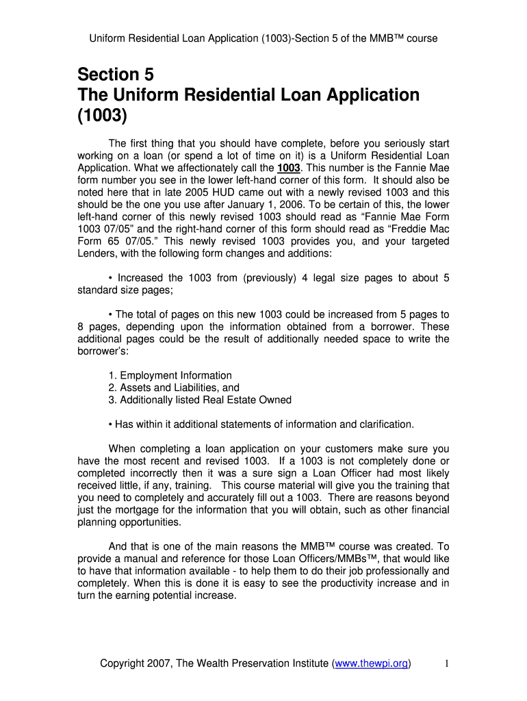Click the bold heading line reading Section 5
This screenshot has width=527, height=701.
click(x=116, y=74)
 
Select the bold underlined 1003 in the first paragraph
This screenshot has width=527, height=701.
click(x=288, y=168)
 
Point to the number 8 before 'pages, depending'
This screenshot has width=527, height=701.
click(x=81, y=327)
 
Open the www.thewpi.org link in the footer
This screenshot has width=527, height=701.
click(x=371, y=664)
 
